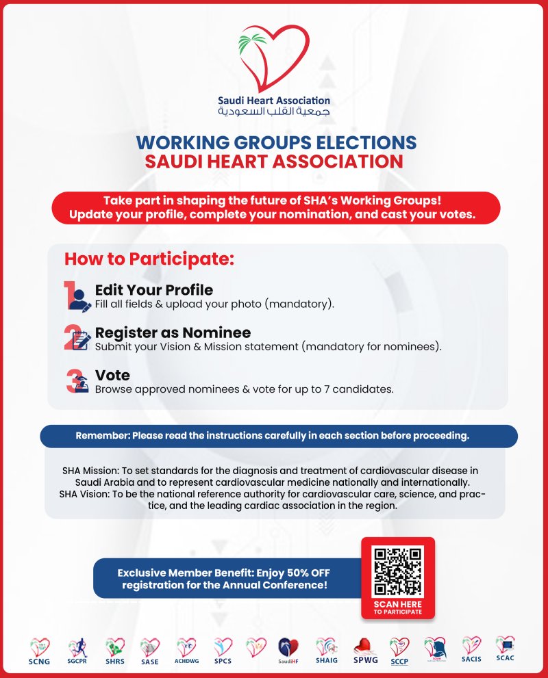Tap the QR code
pyautogui.click(x=398, y=571)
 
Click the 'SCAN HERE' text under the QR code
pyautogui.click(x=398, y=605)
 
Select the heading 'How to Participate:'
pyautogui.click(x=149, y=260)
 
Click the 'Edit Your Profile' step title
pyautogui.click(x=154, y=289)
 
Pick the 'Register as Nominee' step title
pyautogui.click(x=173, y=333)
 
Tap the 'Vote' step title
pyautogui.click(x=112, y=376)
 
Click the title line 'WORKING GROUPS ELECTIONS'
pyautogui.click(x=276, y=142)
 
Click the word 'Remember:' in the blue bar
pyautogui.click(x=102, y=436)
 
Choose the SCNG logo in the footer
pyautogui.click(x=39, y=651)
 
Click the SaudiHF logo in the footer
pyautogui.click(x=288, y=651)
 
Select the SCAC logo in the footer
pyautogui.click(x=505, y=648)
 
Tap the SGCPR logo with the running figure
pyautogui.click(x=76, y=651)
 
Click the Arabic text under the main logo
pyautogui.click(x=273, y=111)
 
